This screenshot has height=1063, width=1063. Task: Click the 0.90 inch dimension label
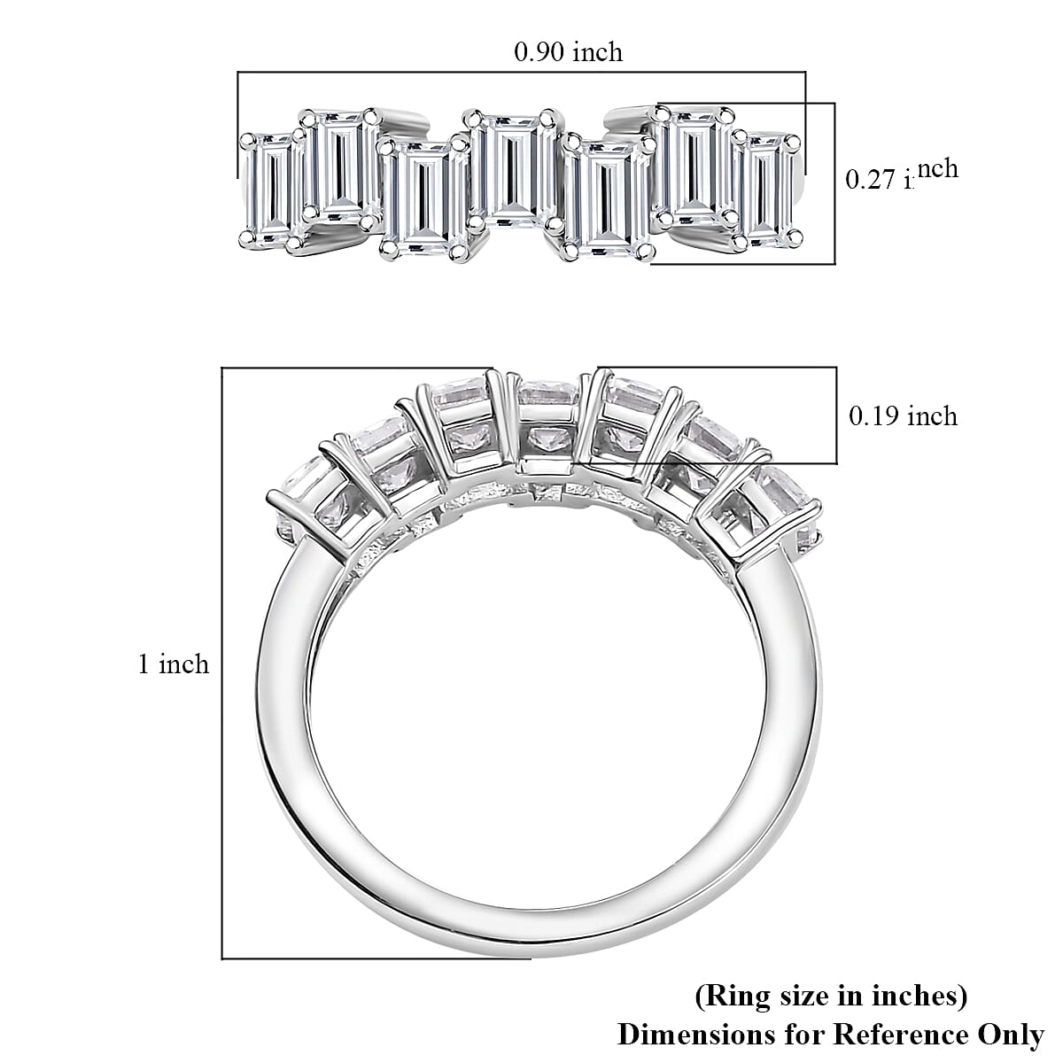click(568, 52)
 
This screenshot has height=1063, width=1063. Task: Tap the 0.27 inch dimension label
click(902, 175)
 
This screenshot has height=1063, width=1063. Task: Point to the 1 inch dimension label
click(174, 664)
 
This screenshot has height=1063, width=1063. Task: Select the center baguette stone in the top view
click(510, 167)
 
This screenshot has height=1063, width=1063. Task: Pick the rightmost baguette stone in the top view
click(767, 190)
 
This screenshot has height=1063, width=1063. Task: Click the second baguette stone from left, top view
click(341, 167)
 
